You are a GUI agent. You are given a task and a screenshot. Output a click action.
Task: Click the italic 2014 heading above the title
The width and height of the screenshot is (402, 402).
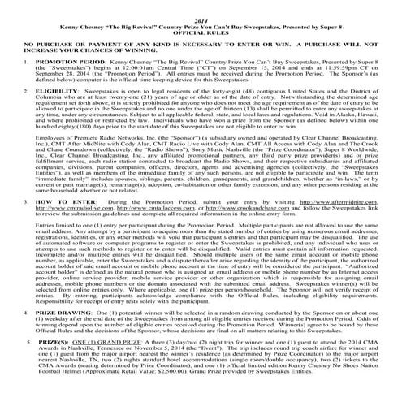(201, 6)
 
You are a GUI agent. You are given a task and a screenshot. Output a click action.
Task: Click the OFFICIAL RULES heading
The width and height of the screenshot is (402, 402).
(201, 24)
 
